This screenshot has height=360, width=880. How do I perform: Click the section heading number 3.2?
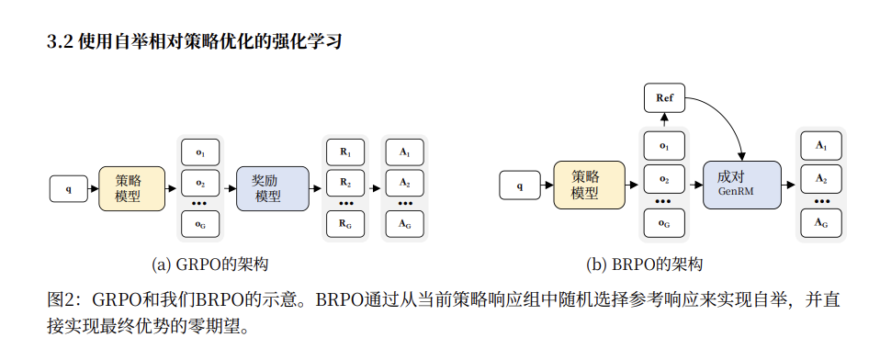[59, 42]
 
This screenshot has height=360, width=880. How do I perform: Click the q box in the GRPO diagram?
[69, 189]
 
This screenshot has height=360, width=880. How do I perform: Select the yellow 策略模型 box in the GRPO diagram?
[131, 187]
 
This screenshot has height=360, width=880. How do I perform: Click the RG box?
[345, 222]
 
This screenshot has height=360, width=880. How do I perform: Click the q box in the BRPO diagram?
[519, 185]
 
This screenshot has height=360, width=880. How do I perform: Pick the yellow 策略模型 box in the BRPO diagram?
[588, 185]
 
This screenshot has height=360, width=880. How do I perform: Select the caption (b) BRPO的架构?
[645, 264]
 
